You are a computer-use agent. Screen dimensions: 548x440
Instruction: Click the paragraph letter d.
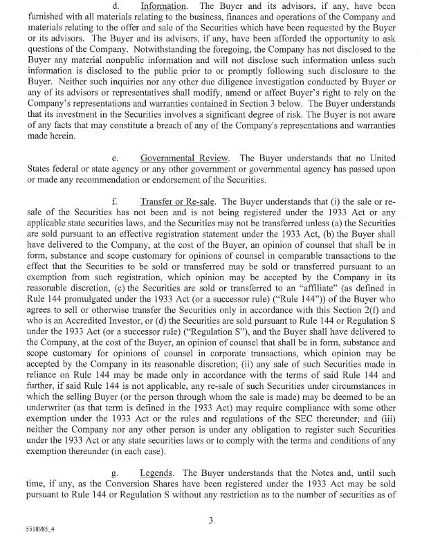pos(116,6)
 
